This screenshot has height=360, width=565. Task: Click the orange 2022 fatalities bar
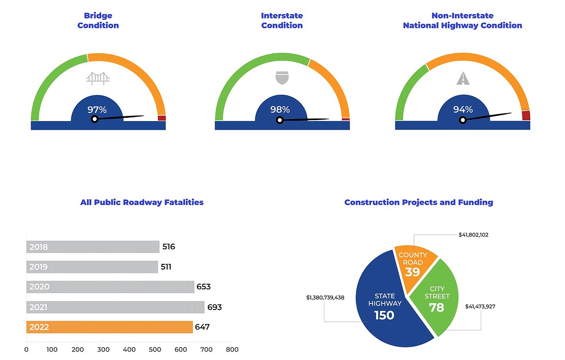point(109,327)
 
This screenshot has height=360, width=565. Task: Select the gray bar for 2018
point(93,247)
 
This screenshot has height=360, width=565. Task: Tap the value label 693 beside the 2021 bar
point(214,307)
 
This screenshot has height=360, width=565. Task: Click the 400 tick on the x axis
point(129,350)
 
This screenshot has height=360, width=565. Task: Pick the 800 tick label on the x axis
point(232,350)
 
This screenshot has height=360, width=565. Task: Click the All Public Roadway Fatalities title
point(142,202)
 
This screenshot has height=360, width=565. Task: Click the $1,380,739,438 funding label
point(325,298)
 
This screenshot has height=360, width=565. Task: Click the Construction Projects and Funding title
point(419,202)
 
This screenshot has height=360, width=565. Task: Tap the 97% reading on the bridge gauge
point(97,110)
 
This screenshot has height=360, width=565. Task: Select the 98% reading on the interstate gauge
point(280,110)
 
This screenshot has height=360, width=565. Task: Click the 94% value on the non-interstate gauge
point(463,110)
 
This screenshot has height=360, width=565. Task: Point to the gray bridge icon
point(98,78)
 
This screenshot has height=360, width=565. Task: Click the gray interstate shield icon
point(282,78)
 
